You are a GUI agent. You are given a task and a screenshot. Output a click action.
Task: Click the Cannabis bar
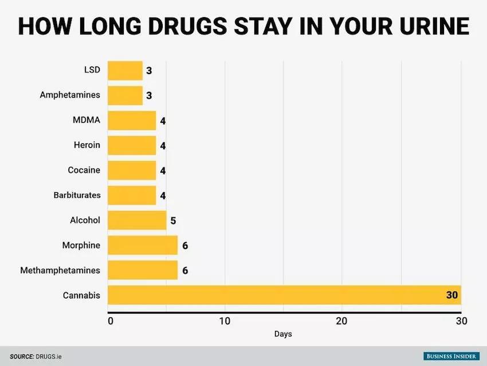click(x=284, y=295)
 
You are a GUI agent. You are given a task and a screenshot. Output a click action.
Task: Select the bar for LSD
click(x=125, y=71)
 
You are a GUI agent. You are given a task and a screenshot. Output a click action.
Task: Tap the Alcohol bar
click(x=137, y=220)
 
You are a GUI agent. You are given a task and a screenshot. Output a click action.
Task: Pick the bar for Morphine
click(x=143, y=246)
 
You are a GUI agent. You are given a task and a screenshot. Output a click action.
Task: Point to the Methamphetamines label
click(x=60, y=270)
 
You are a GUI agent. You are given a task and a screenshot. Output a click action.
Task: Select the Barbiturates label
click(x=77, y=195)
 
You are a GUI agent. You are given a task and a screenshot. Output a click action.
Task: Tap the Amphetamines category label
click(x=70, y=95)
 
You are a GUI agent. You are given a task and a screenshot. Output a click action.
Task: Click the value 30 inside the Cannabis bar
click(x=451, y=295)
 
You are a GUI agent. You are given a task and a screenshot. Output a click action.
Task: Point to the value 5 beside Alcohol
click(x=174, y=221)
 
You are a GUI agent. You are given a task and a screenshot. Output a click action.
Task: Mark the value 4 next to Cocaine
click(x=163, y=171)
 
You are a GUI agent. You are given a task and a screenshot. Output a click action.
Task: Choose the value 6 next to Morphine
click(x=185, y=246)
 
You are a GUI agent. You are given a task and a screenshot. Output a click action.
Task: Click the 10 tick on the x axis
click(x=225, y=321)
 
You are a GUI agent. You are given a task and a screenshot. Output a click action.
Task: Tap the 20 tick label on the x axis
click(x=342, y=321)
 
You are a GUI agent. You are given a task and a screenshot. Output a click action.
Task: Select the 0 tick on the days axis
click(x=110, y=321)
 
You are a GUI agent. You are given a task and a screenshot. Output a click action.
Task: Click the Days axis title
click(x=284, y=334)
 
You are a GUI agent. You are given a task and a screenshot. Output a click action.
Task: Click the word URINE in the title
click(x=422, y=26)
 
